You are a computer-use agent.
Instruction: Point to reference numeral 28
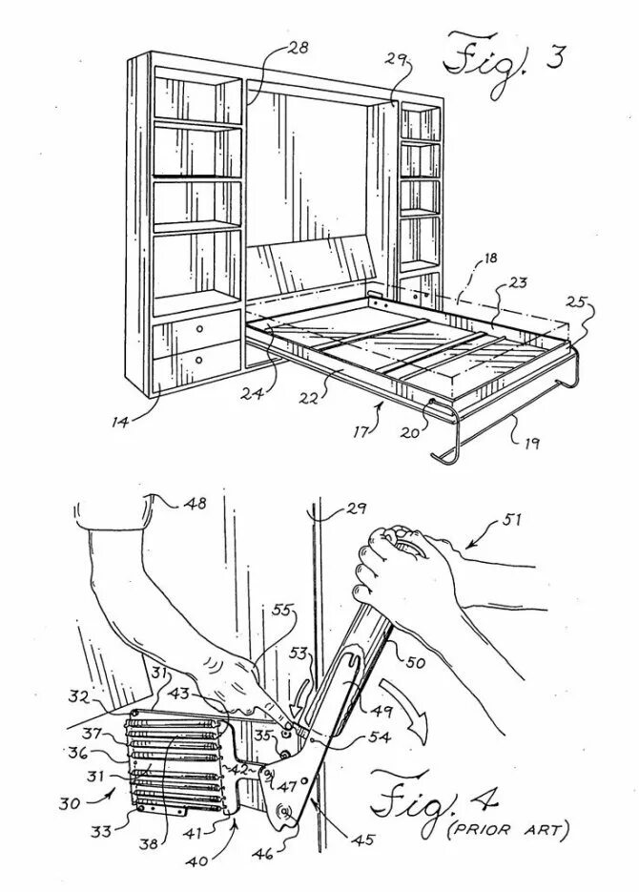pyautogui.click(x=299, y=48)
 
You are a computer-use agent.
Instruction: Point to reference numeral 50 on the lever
pyautogui.click(x=416, y=662)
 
